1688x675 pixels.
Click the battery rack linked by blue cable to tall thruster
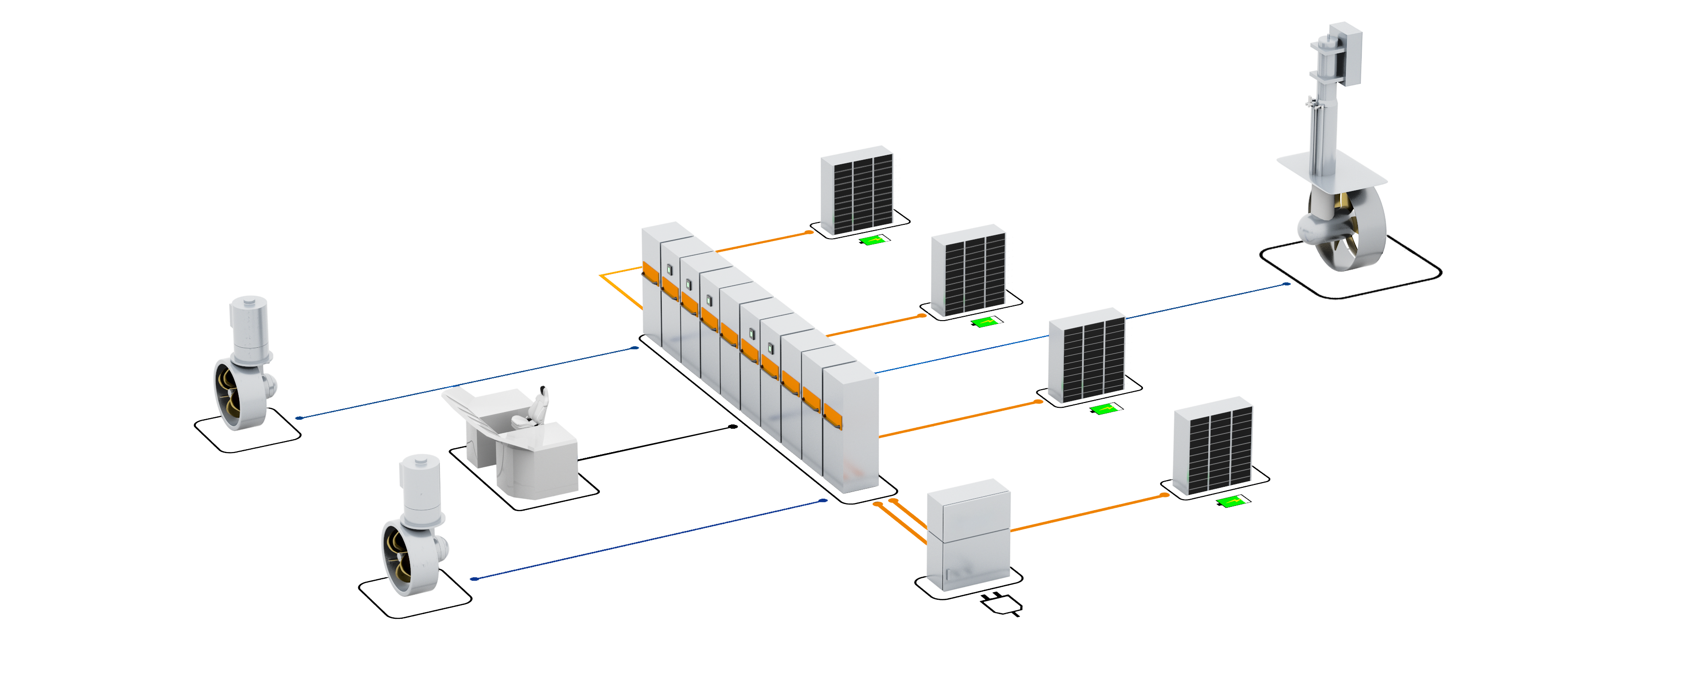[x=1089, y=357]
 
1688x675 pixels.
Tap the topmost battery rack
[x=857, y=190]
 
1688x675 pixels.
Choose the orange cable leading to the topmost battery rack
[x=763, y=242]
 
